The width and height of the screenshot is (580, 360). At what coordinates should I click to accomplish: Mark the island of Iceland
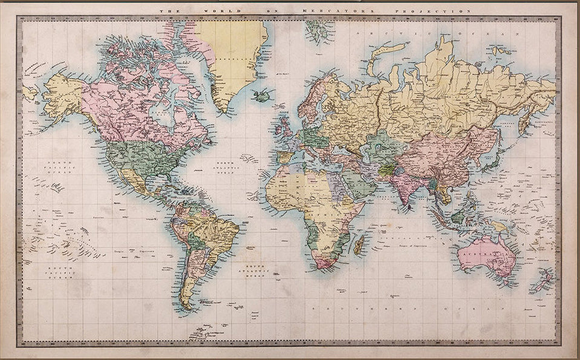point(261,96)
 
